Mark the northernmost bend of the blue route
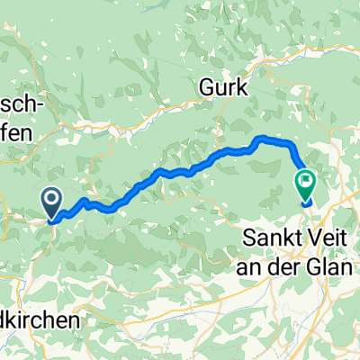[x=264, y=138]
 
